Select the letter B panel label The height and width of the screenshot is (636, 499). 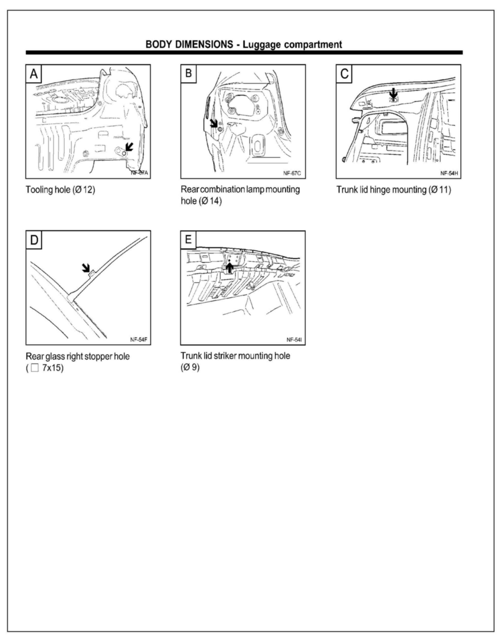tap(189, 73)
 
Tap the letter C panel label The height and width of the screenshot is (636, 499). tap(344, 74)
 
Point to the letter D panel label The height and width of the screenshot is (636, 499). tap(34, 240)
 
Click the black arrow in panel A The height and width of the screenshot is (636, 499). tap(128, 147)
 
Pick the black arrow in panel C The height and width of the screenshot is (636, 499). tap(394, 93)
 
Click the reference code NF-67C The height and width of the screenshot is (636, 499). tap(292, 173)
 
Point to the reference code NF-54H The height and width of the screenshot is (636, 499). tap(449, 173)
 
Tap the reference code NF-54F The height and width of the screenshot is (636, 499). tap(138, 339)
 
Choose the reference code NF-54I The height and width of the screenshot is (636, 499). tap(294, 339)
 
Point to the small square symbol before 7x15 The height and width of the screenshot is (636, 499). tap(35, 368)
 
